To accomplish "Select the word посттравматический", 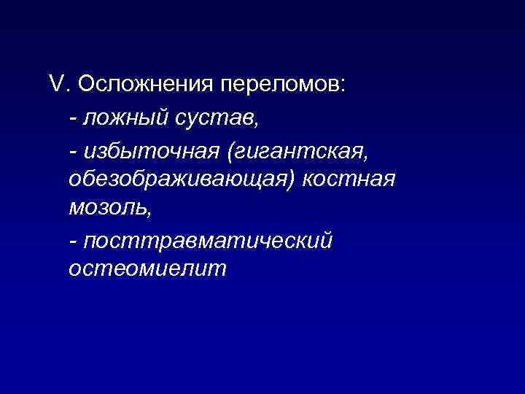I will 208,240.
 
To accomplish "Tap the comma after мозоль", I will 151,213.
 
